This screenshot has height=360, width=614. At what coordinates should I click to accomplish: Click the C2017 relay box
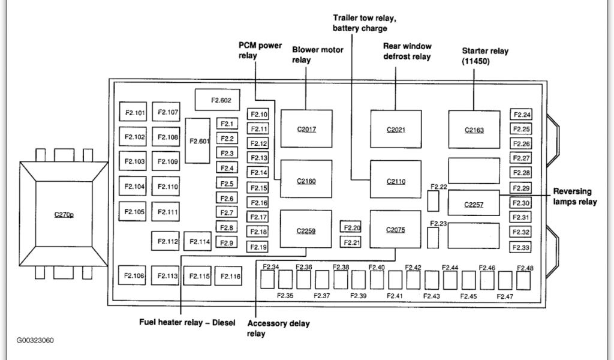click(306, 129)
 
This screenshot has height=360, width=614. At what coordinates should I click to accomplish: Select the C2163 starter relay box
click(474, 129)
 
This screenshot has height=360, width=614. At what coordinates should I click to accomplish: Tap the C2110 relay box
click(395, 179)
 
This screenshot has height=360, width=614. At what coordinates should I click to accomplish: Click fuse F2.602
click(216, 100)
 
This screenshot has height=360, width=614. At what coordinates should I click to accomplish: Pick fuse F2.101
click(135, 112)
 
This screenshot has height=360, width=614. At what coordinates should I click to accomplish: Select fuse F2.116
click(230, 276)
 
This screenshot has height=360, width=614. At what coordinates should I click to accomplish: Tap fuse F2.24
click(522, 115)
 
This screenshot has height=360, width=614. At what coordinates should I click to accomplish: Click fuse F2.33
click(522, 248)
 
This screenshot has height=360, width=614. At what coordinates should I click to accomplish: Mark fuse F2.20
click(353, 227)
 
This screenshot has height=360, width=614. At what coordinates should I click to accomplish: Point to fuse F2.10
click(259, 114)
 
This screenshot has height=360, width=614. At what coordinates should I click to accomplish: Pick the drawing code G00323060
click(35, 340)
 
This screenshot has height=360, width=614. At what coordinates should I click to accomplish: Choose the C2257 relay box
click(474, 205)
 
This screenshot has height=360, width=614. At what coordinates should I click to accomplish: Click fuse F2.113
click(168, 276)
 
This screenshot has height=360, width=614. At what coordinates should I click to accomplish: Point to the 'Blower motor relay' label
click(318, 55)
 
